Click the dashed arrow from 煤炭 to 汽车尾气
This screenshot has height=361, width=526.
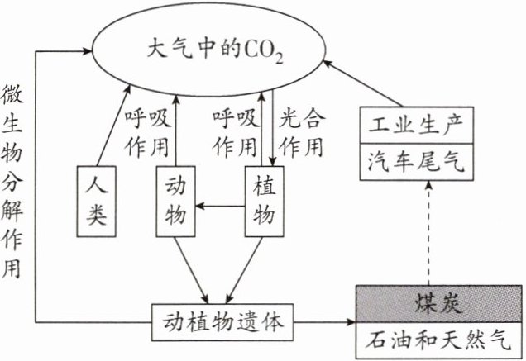click(427, 231)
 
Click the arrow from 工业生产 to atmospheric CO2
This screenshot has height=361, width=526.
click(356, 83)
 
